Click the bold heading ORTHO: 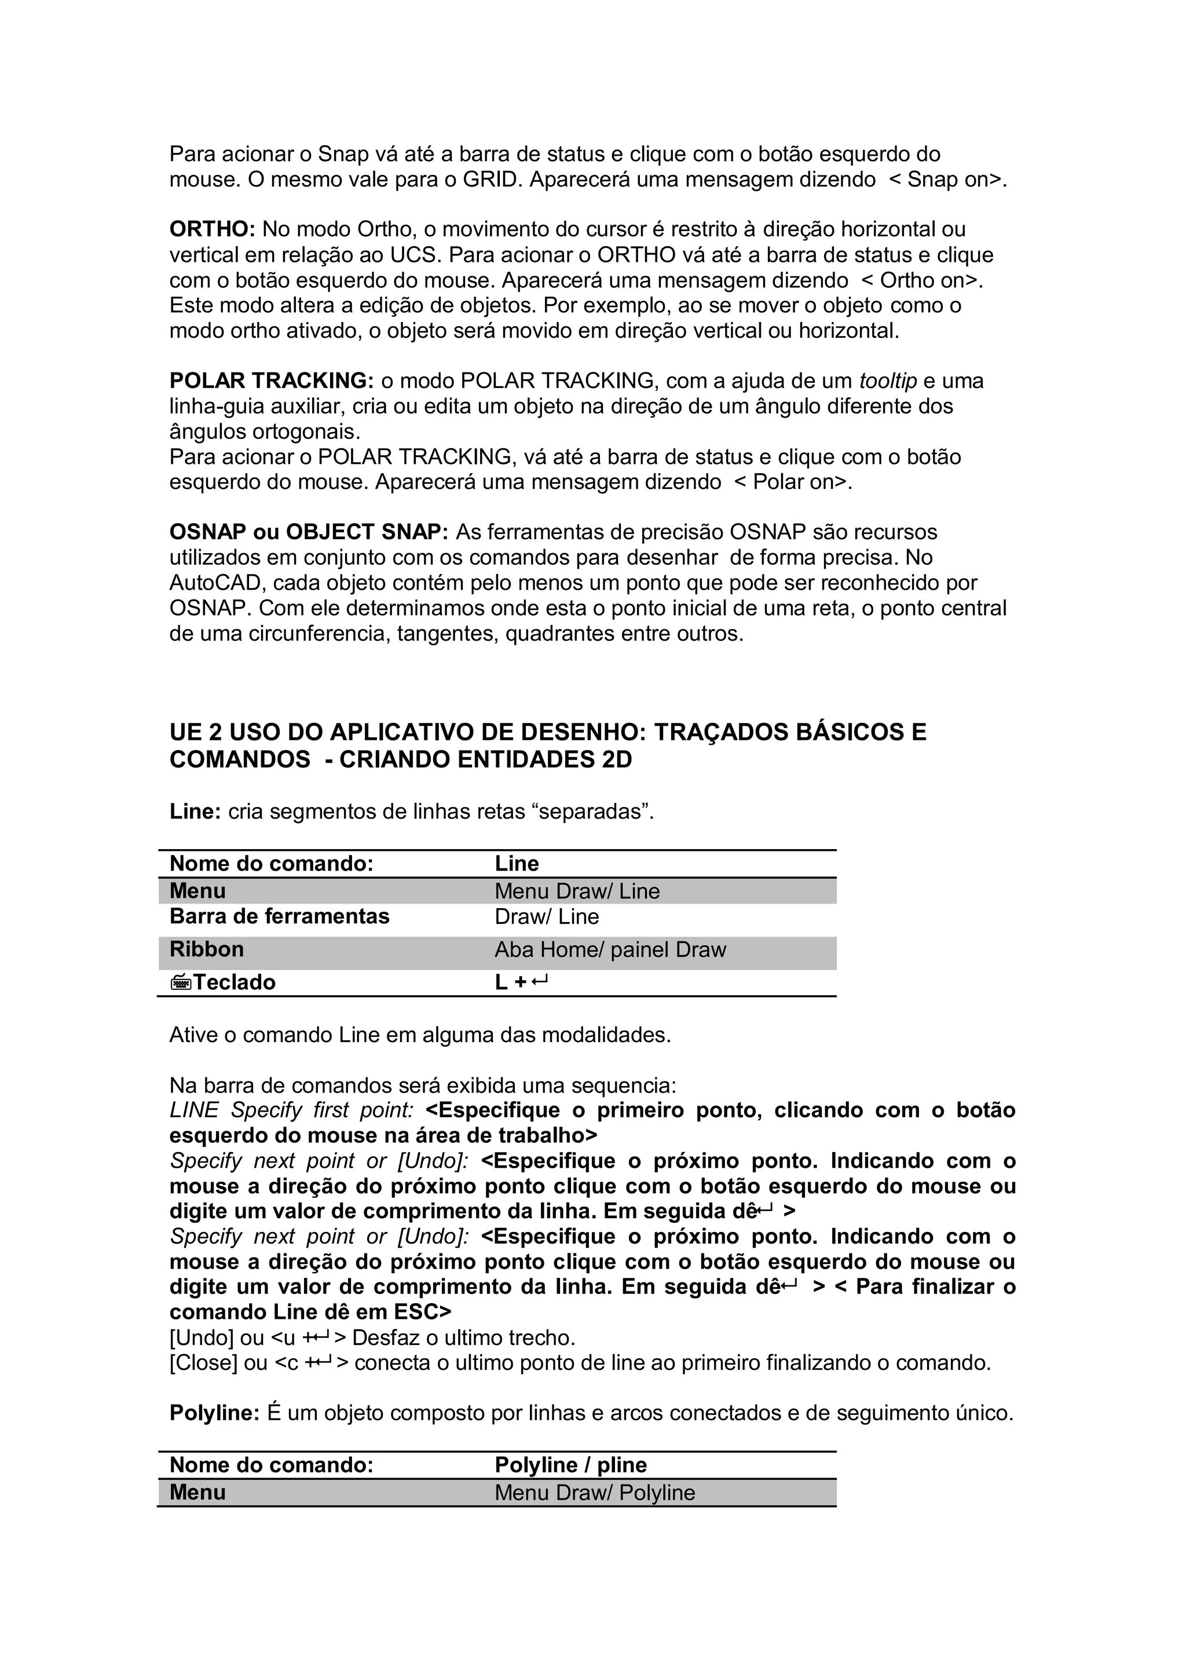[x=212, y=229]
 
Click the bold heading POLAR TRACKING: [x=271, y=381]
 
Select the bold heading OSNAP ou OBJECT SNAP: [x=309, y=532]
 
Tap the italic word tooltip [x=888, y=381]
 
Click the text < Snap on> [x=947, y=180]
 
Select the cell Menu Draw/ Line [x=577, y=891]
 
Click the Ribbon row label [x=207, y=949]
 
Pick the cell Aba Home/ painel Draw [x=610, y=950]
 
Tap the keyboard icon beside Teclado [x=181, y=983]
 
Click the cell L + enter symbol [x=521, y=982]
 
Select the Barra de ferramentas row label [x=279, y=916]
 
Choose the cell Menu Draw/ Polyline [x=594, y=1493]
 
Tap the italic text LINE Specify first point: [x=291, y=1111]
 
